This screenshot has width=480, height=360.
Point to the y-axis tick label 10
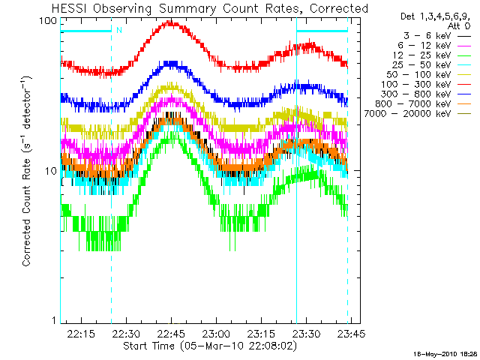coord(51,170)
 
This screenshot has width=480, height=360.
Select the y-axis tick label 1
coord(54,321)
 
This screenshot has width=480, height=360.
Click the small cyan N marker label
coord(118,31)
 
